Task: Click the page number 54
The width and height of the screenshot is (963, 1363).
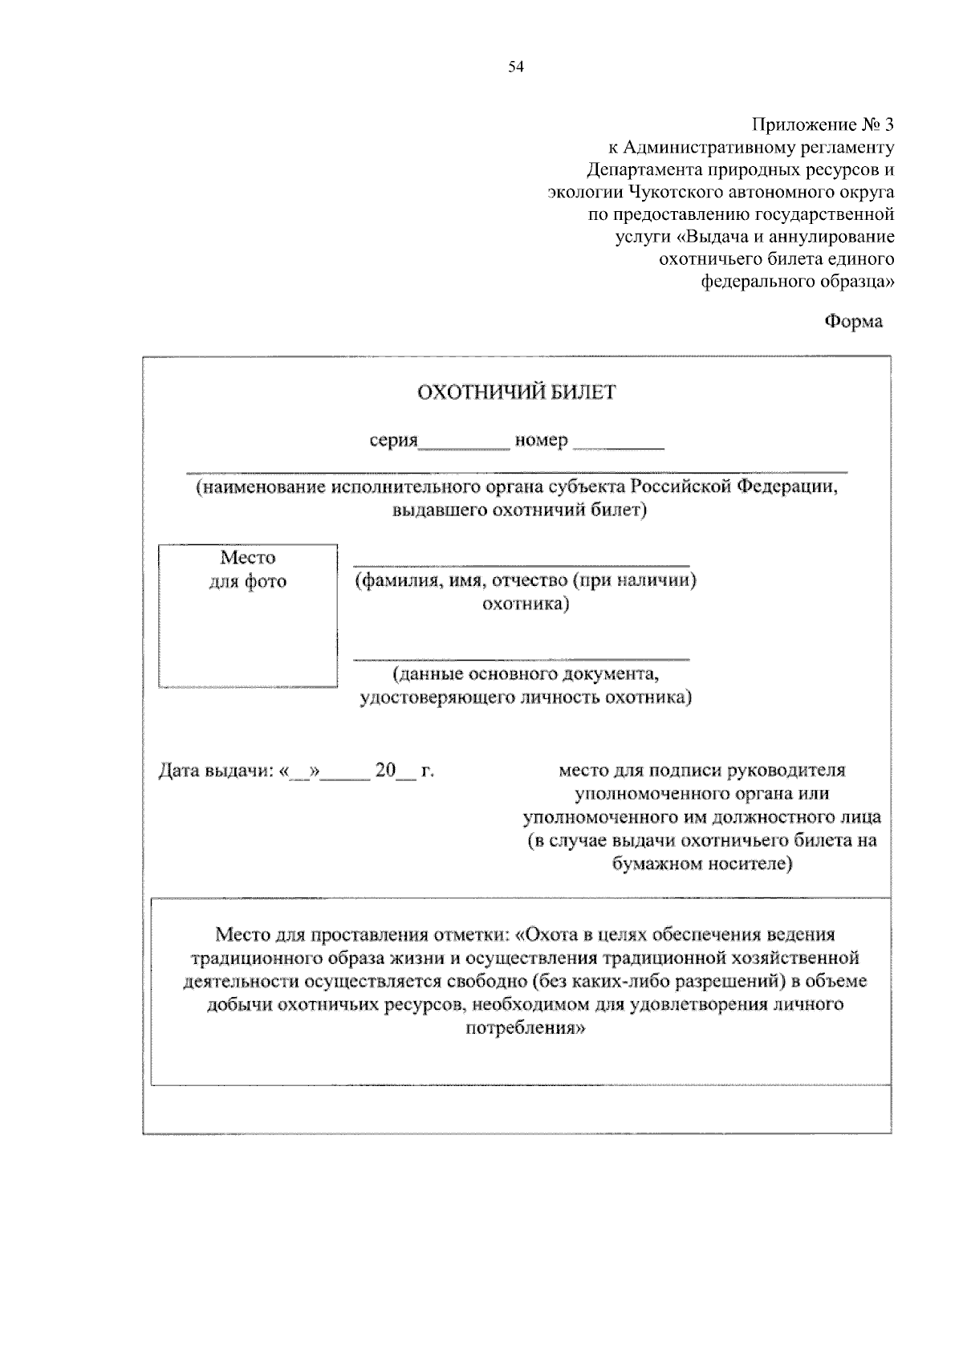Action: pyautogui.click(x=515, y=67)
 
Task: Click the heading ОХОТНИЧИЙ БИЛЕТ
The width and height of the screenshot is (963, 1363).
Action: pyautogui.click(x=516, y=392)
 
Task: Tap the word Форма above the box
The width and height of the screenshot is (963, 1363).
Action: pyautogui.click(x=854, y=321)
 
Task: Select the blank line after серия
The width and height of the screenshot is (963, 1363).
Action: pyautogui.click(x=465, y=446)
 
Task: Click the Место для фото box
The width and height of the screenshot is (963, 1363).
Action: pyautogui.click(x=247, y=616)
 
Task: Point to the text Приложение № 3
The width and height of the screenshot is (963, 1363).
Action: pyautogui.click(x=822, y=124)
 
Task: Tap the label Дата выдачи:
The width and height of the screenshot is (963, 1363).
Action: pyautogui.click(x=214, y=771)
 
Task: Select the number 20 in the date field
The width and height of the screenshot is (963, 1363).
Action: pyautogui.click(x=385, y=771)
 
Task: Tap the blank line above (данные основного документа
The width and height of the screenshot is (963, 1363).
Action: pyautogui.click(x=522, y=659)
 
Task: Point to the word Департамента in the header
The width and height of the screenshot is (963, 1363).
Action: pyautogui.click(x=642, y=169)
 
